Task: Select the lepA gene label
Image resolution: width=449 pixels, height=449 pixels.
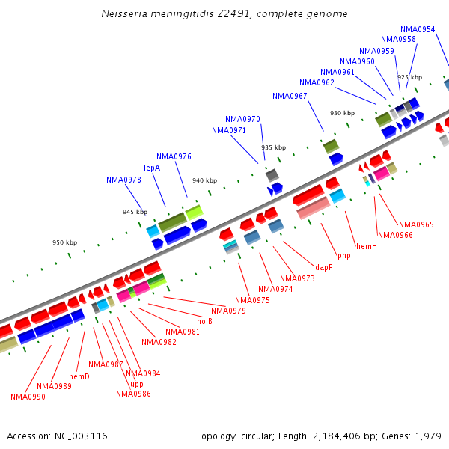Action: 152,168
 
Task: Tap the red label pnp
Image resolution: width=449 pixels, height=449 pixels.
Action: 343,256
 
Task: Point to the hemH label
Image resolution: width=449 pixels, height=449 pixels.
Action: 367,245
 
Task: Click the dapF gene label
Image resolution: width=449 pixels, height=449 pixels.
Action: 323,267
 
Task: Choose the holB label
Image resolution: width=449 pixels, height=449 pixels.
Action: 205,321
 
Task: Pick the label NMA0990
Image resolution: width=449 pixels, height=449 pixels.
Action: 28,397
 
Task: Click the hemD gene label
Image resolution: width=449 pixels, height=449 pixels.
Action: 79,376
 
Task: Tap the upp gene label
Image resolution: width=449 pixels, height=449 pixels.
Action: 137,384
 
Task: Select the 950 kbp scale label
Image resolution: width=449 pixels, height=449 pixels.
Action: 64,242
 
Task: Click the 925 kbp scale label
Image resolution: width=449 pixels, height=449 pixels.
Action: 409,77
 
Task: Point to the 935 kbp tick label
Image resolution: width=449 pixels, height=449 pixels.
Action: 273,147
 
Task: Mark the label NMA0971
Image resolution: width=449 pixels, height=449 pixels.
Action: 229,130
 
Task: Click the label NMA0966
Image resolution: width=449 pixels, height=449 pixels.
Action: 395,235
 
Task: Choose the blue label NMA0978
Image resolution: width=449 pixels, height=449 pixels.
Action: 123,180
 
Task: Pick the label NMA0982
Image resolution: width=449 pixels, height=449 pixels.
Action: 159,342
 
